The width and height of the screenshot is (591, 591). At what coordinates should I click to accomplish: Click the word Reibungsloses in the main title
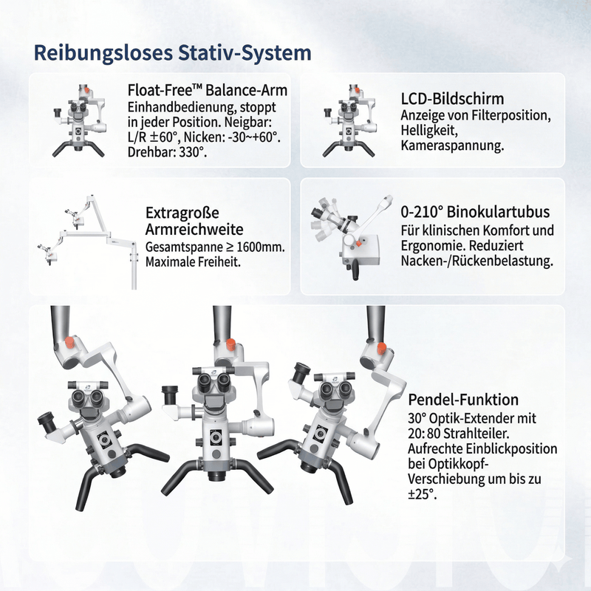(x=103, y=53)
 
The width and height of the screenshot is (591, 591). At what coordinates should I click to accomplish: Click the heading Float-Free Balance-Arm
(x=208, y=90)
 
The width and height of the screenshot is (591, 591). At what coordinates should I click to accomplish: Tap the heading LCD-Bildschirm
(x=452, y=99)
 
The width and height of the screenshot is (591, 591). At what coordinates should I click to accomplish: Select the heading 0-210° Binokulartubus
(x=475, y=212)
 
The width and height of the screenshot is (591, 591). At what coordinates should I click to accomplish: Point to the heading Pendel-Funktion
(x=463, y=400)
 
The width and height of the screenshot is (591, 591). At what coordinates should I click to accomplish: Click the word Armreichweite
(x=194, y=230)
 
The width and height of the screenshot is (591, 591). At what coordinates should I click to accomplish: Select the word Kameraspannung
(x=452, y=146)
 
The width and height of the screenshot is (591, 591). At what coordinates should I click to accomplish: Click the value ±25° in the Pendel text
(x=422, y=494)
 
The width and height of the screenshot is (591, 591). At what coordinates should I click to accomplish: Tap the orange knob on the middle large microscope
(x=230, y=345)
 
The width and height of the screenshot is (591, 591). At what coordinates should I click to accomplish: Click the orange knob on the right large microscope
(x=381, y=348)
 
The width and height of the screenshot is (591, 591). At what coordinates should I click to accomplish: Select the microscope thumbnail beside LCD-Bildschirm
(x=349, y=120)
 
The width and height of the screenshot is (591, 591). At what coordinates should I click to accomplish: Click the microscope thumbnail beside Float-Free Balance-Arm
(x=79, y=120)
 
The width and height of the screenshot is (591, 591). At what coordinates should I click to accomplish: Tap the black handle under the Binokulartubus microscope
(x=355, y=271)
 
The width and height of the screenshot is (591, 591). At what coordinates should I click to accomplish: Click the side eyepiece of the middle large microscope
(x=170, y=395)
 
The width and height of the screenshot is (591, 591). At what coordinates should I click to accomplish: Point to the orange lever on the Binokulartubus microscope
(x=358, y=244)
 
